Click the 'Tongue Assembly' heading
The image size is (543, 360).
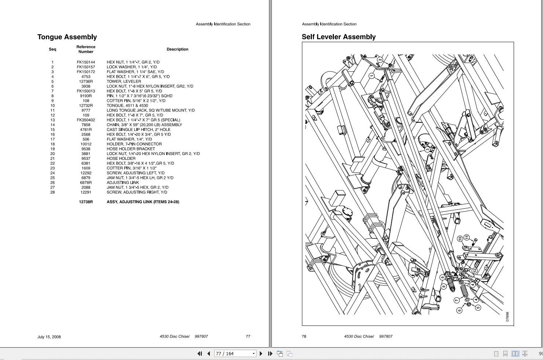click(x=67, y=37)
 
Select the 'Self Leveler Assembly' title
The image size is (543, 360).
click(x=338, y=37)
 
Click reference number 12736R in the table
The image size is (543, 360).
click(x=86, y=81)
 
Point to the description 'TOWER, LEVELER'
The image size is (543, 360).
click(x=124, y=81)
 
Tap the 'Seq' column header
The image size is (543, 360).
click(x=52, y=49)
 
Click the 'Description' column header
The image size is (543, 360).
click(x=177, y=49)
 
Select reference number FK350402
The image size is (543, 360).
click(x=86, y=120)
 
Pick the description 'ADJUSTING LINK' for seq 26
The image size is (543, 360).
click(x=123, y=183)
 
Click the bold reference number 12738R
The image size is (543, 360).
click(x=86, y=202)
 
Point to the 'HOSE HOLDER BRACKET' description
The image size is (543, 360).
click(x=131, y=149)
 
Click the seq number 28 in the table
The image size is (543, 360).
click(x=52, y=192)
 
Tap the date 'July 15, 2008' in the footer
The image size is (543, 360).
click(x=49, y=337)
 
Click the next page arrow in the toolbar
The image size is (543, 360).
click(x=261, y=353)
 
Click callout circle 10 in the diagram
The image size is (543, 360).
click(x=460, y=239)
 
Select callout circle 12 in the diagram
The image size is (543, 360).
click(x=474, y=271)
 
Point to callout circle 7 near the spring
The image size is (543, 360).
click(x=457, y=300)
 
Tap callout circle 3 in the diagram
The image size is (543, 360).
click(x=427, y=150)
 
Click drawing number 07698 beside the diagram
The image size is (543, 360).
click(x=507, y=317)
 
